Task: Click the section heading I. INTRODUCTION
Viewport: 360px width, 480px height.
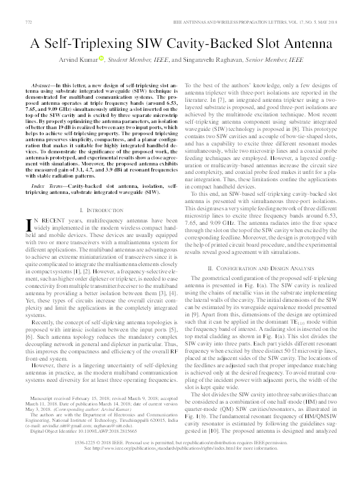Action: click(x=97, y=208)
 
